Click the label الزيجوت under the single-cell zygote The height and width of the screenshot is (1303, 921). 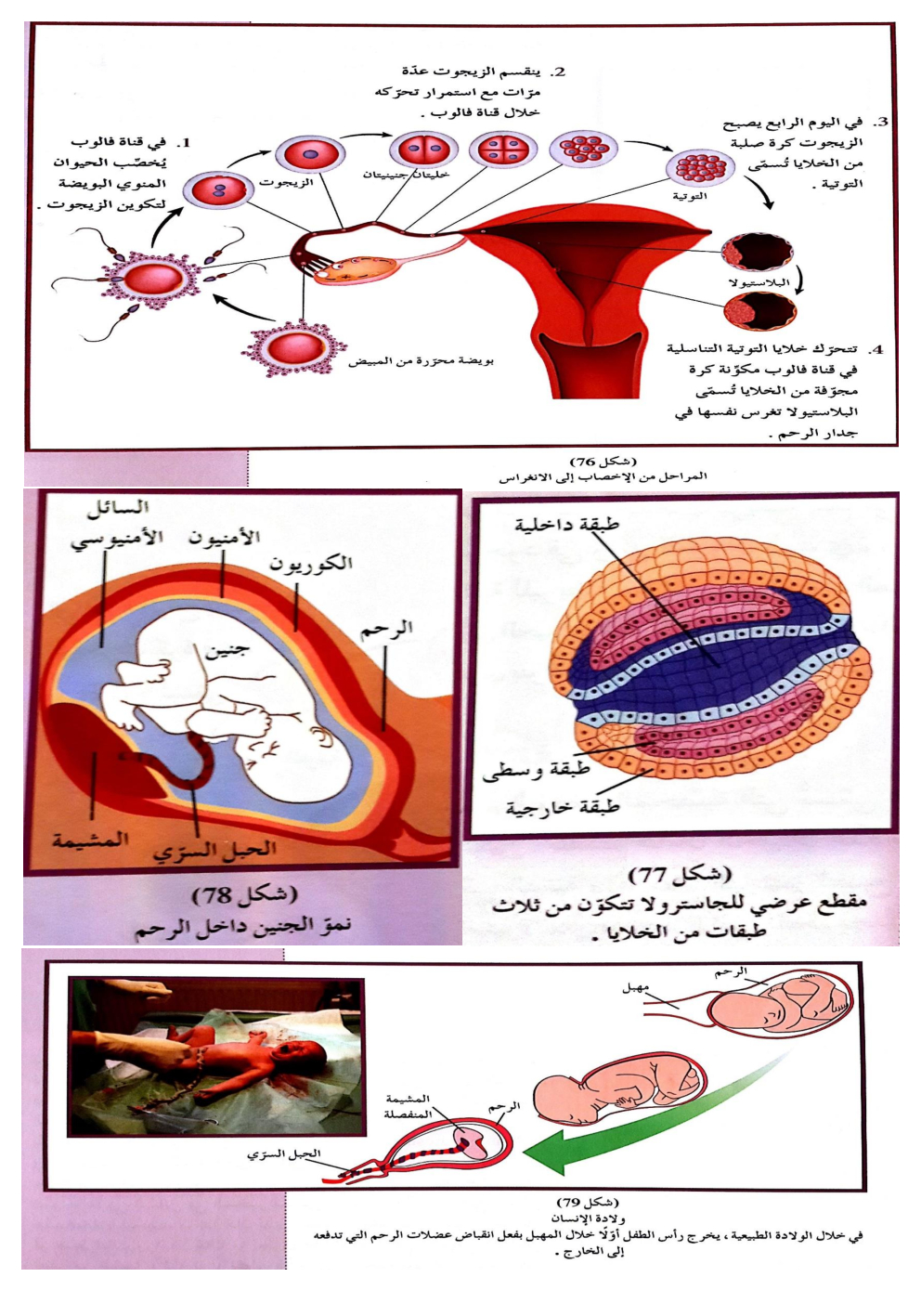point(286,183)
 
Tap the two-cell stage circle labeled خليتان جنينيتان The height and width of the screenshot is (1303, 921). point(423,150)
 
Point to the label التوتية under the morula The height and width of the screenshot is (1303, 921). point(690,196)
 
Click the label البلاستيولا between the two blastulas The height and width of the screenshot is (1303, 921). point(759,282)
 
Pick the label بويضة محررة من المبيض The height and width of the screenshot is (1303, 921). point(421,360)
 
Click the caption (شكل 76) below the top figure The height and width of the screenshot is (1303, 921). point(603,461)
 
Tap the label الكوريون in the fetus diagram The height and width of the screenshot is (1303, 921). point(311,564)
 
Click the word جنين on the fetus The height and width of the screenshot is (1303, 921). point(227,651)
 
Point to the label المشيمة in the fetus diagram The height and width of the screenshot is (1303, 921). point(90,840)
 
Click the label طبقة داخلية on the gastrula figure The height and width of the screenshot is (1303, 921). point(566,525)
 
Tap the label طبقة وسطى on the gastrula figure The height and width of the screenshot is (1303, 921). point(536,771)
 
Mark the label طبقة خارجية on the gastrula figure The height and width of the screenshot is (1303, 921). point(562,807)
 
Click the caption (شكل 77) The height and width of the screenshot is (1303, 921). point(680,874)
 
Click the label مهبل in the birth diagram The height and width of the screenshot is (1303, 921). point(635,988)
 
